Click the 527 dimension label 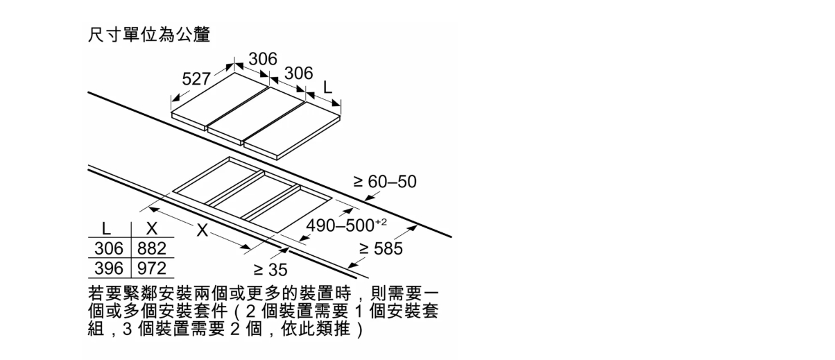196,79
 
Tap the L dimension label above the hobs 327,87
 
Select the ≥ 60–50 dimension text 385,182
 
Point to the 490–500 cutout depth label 340,225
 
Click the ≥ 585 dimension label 381,248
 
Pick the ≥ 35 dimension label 270,270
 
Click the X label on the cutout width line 202,230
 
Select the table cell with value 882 152,248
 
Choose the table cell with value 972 152,268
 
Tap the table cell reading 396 109,268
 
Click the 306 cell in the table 109,248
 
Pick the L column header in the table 106,228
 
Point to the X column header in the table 152,228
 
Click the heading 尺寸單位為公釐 150,35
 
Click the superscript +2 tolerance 381,222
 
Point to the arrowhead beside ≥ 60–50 369,198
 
